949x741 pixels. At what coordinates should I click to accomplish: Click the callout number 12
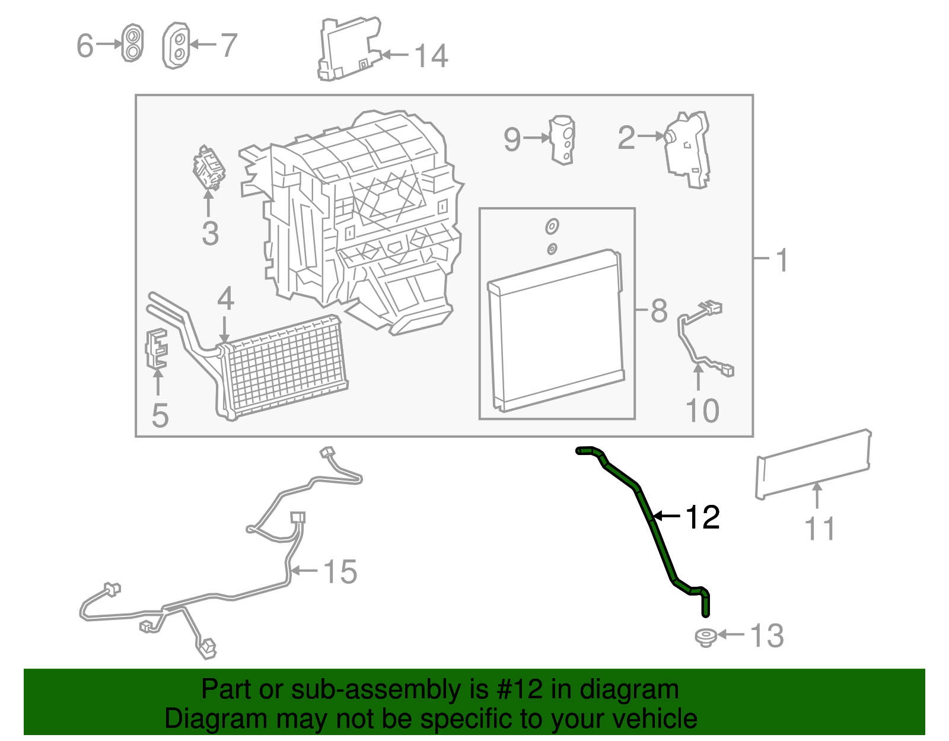tap(703, 517)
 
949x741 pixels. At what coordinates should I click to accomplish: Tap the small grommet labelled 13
tap(705, 637)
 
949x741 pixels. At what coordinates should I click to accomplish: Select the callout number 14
tap(431, 56)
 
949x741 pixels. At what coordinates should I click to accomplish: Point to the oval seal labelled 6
tap(132, 43)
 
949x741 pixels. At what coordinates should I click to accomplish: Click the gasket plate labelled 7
tap(176, 46)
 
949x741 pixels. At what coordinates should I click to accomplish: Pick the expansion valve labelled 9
tap(562, 140)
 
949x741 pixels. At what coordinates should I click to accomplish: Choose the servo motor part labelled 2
tap(686, 150)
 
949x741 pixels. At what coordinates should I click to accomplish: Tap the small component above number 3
tap(209, 168)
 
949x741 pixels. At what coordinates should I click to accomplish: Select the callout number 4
tap(225, 299)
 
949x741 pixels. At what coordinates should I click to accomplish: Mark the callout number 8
tap(659, 311)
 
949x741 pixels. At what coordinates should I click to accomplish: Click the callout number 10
tap(702, 411)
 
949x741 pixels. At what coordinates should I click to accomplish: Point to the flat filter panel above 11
tap(813, 464)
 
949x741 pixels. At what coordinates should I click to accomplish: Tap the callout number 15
tap(340, 571)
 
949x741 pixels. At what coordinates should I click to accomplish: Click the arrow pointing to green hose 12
tap(667, 517)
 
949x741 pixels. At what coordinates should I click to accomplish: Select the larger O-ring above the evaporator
tap(552, 227)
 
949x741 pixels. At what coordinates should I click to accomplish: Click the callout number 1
tap(782, 260)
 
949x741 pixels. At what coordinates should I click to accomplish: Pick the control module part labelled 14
tap(349, 49)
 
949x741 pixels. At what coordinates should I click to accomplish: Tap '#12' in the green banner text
tap(519, 689)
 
